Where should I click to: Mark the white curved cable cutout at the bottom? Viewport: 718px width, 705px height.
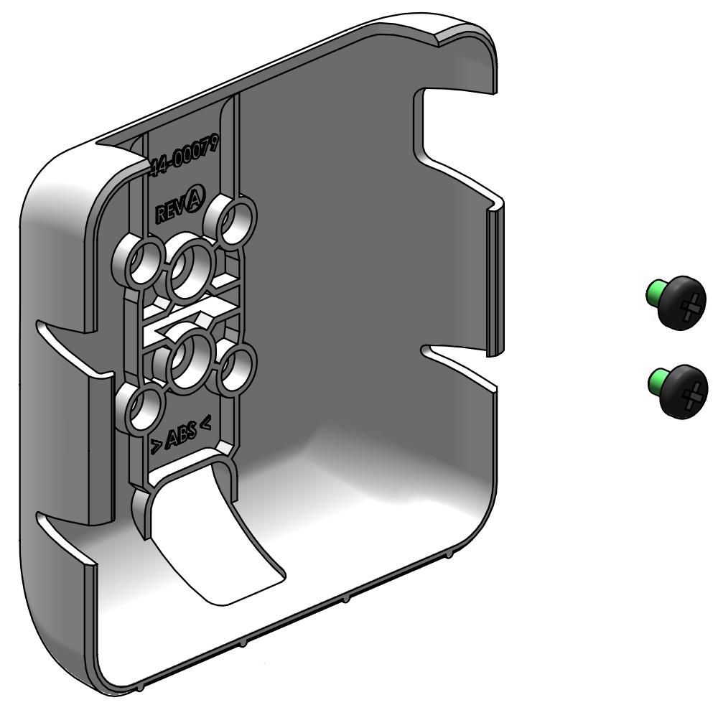pyautogui.click(x=215, y=546)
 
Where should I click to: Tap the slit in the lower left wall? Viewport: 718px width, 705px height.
pyautogui.click(x=61, y=535)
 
